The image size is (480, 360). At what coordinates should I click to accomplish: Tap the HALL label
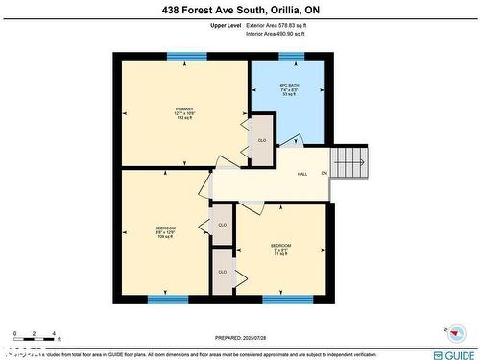tap(301, 174)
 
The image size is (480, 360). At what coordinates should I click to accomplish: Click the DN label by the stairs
tap(324, 174)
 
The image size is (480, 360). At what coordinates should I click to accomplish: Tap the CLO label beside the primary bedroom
tap(261, 141)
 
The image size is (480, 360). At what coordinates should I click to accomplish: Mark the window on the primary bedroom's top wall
tap(186, 57)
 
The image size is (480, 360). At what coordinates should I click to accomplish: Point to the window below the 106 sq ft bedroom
tap(167, 299)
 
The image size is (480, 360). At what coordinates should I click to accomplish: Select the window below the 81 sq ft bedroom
tap(287, 299)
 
